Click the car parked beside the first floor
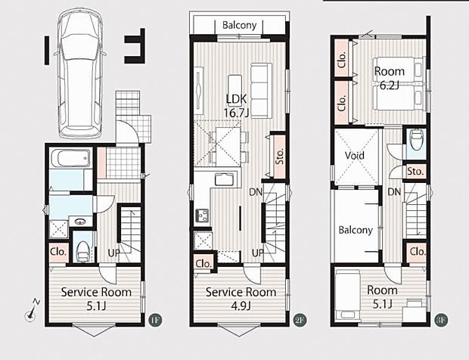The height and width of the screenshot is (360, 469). (x=80, y=74)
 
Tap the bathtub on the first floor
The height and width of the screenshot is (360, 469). (x=70, y=158)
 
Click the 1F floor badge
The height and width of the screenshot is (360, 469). (x=155, y=320)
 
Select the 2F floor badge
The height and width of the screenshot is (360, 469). (x=300, y=320)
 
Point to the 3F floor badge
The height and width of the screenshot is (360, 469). (x=441, y=320)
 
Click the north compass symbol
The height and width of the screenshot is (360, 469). (x=32, y=311)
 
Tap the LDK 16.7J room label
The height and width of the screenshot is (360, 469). (x=236, y=106)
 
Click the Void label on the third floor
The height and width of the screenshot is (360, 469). (x=355, y=156)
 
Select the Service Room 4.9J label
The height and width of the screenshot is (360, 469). (x=241, y=299)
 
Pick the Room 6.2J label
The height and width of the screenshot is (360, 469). (x=390, y=79)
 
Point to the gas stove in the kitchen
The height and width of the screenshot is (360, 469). (x=203, y=216)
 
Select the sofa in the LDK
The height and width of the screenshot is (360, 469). (x=261, y=90)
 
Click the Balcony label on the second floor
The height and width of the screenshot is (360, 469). (x=239, y=26)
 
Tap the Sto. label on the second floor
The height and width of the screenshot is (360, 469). (x=280, y=157)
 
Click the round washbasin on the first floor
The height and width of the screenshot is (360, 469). (x=80, y=222)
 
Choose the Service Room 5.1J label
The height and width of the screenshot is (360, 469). (x=96, y=299)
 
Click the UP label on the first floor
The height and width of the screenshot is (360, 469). (x=113, y=253)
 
